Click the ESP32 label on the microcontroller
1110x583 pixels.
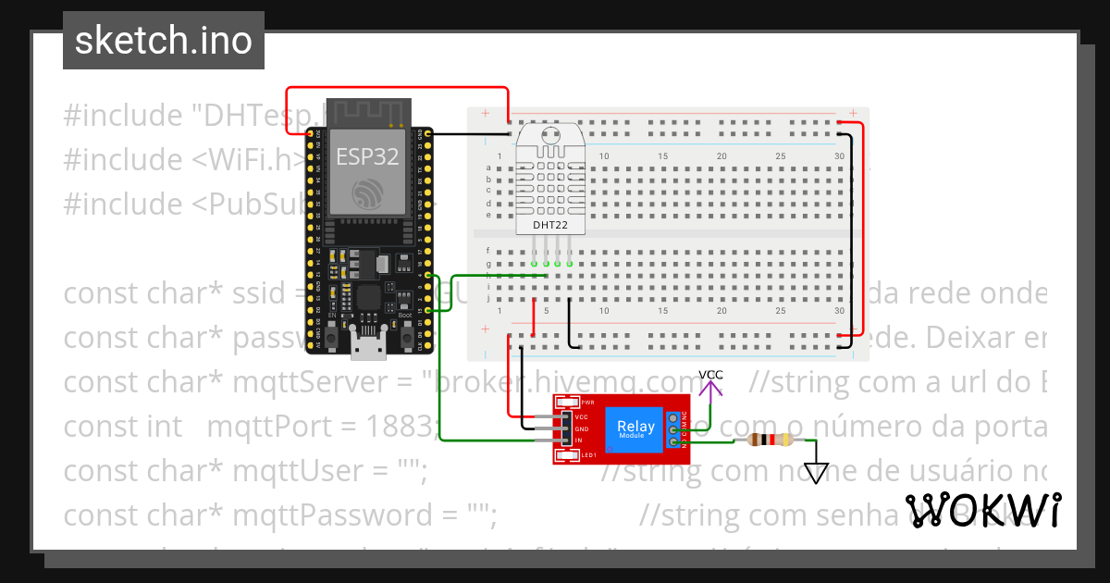[367, 156]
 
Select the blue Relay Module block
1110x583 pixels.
[636, 428]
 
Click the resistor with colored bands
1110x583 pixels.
[771, 440]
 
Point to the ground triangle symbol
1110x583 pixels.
[815, 473]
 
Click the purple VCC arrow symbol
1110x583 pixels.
[710, 391]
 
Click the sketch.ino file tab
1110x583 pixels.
[163, 41]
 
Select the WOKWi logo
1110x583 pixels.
[982, 511]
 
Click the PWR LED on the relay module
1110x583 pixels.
[563, 403]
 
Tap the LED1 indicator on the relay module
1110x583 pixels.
[563, 455]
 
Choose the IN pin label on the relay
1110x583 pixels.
[579, 440]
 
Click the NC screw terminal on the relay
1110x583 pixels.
[686, 417]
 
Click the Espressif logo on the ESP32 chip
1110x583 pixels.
[367, 192]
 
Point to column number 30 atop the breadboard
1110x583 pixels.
[839, 155]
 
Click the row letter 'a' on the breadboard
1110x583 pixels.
[488, 167]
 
